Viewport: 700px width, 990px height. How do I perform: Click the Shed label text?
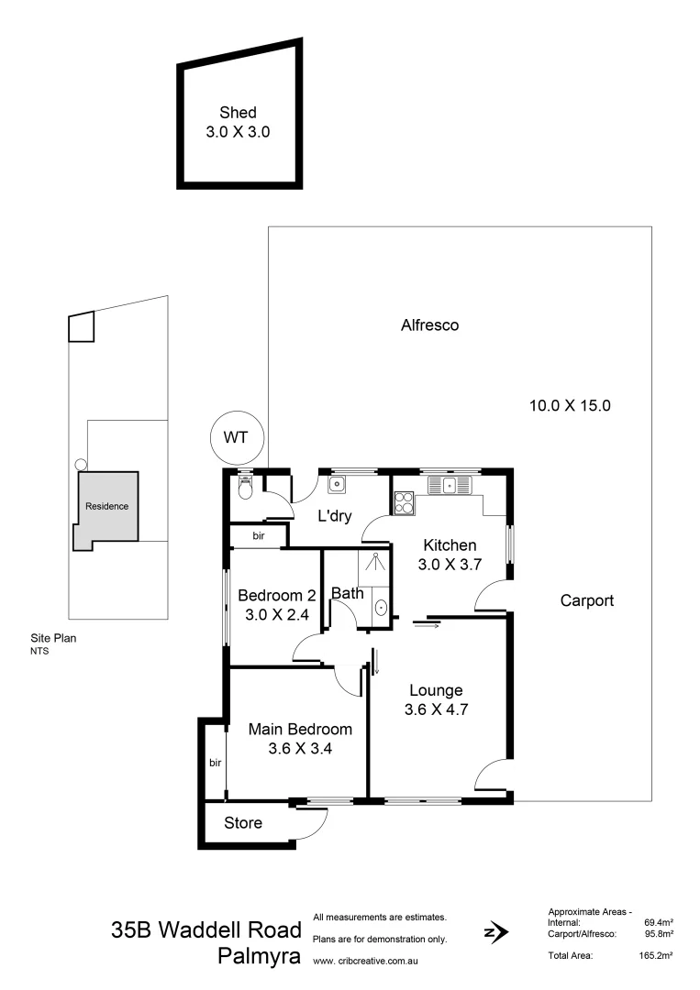238,113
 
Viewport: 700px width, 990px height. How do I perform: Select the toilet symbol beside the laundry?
244,489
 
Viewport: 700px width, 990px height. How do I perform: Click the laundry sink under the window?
338,483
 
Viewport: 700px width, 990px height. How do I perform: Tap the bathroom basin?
381,607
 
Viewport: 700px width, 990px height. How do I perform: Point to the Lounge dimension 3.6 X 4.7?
436,709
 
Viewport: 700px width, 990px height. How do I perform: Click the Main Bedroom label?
301,730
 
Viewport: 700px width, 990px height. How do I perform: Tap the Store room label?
243,823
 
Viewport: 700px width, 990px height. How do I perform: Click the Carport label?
586,601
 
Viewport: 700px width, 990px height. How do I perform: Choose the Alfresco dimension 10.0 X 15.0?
570,405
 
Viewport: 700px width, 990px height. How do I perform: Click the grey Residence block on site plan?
107,507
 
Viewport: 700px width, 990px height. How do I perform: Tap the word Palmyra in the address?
260,957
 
